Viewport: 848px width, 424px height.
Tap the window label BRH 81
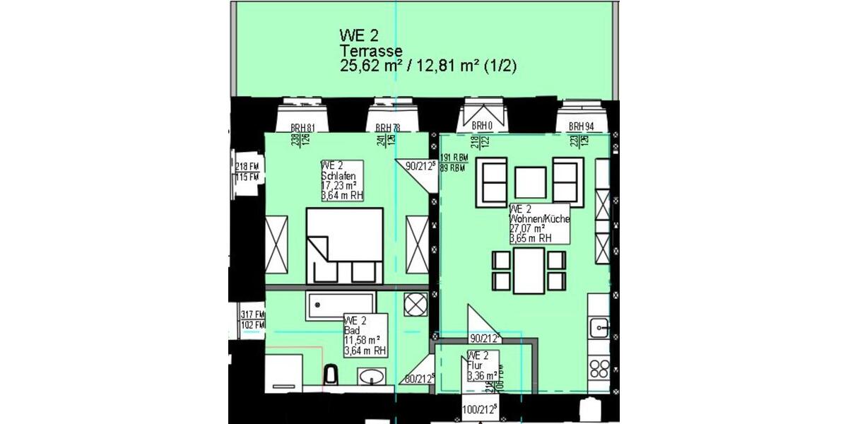(x=302, y=127)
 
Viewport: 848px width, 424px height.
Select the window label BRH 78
(x=379, y=127)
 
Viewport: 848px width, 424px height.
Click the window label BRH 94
(x=582, y=126)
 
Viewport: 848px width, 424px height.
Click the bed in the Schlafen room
(x=344, y=245)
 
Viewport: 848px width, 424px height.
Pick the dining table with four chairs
(x=530, y=271)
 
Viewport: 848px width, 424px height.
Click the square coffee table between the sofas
(x=530, y=182)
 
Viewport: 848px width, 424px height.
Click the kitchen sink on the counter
(x=600, y=327)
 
